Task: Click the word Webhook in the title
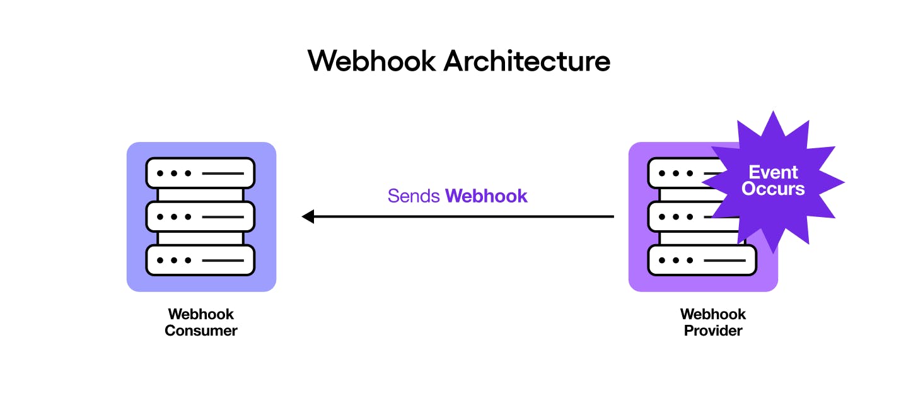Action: (x=371, y=61)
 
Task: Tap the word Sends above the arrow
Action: (x=414, y=196)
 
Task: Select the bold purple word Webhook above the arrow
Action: (x=486, y=196)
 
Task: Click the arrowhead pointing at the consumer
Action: (x=308, y=217)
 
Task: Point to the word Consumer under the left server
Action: (x=201, y=331)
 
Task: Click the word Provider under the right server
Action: (x=713, y=331)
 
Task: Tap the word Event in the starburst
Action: (x=773, y=172)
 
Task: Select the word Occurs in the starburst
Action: (x=773, y=189)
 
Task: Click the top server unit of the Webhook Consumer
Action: (x=200, y=173)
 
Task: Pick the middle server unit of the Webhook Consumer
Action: (x=200, y=216)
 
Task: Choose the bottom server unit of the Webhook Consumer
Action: (x=200, y=260)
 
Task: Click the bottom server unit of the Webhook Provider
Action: (x=702, y=260)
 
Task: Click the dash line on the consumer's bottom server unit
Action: (x=223, y=260)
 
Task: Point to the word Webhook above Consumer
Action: (x=201, y=314)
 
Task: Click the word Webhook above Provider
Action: (x=713, y=314)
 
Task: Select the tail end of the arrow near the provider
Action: (x=612, y=217)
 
